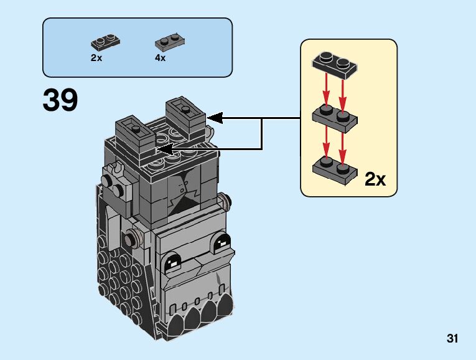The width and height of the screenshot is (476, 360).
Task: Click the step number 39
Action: click(60, 100)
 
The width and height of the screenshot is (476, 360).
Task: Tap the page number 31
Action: click(452, 339)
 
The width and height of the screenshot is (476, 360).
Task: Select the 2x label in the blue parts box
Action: click(96, 57)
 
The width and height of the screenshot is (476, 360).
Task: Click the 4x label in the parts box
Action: click(160, 57)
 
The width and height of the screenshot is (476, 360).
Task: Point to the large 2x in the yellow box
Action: click(375, 180)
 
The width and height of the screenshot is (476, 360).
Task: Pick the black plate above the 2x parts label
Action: click(105, 43)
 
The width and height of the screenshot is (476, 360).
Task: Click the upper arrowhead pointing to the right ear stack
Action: click(215, 117)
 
